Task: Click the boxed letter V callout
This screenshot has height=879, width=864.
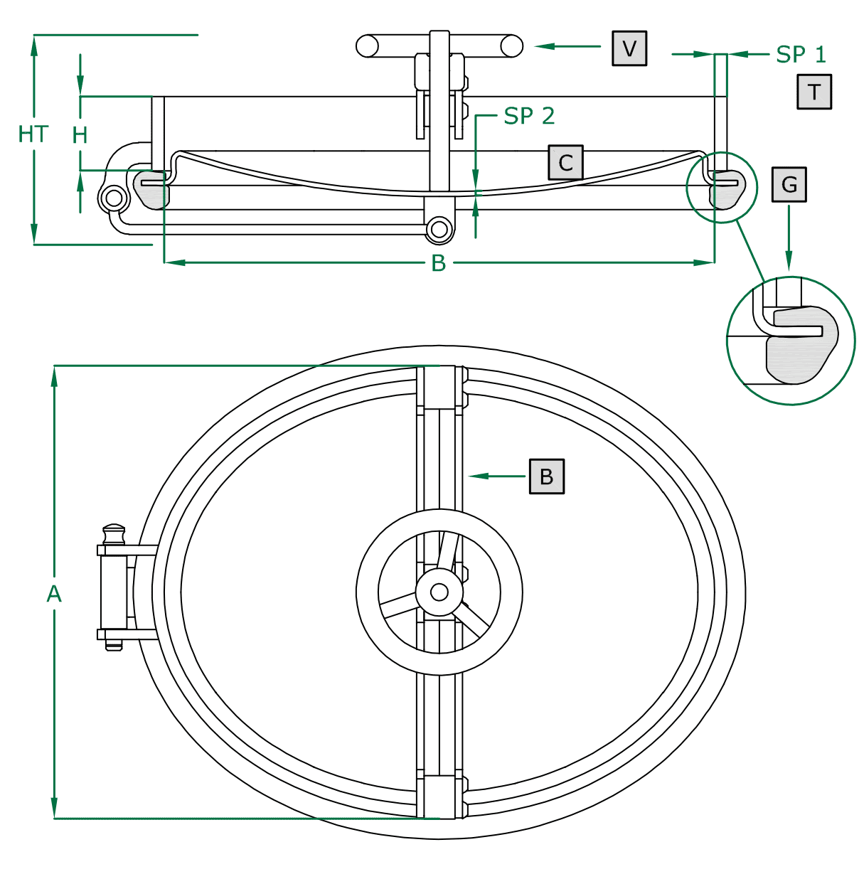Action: click(x=629, y=48)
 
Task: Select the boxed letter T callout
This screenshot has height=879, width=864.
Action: click(x=814, y=92)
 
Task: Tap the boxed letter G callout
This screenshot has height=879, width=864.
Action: click(x=789, y=185)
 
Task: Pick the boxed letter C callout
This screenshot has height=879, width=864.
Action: click(x=565, y=163)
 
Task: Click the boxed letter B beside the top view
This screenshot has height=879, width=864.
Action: click(x=546, y=476)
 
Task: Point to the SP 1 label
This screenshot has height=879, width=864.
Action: click(x=801, y=55)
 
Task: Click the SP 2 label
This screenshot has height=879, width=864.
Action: click(x=528, y=116)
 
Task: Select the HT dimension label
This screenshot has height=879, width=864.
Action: click(x=33, y=134)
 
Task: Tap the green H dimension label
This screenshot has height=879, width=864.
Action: click(x=80, y=135)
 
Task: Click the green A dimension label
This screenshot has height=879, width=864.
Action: click(x=54, y=594)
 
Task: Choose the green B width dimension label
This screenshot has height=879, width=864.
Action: click(x=439, y=263)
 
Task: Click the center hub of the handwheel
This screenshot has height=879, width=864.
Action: click(x=439, y=592)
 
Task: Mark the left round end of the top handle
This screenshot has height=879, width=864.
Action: click(x=368, y=46)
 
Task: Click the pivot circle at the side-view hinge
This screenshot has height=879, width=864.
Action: click(x=114, y=198)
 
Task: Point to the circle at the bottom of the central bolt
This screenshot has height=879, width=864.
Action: click(x=439, y=230)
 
